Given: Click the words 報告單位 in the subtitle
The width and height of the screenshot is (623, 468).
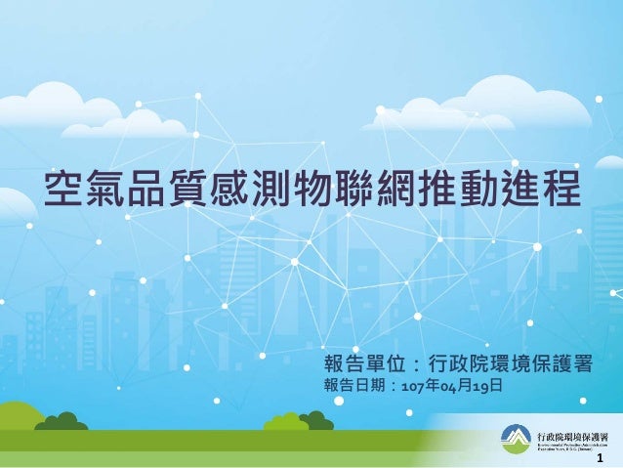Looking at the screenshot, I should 362,365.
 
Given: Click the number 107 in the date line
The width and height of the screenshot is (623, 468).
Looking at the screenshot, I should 399,388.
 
